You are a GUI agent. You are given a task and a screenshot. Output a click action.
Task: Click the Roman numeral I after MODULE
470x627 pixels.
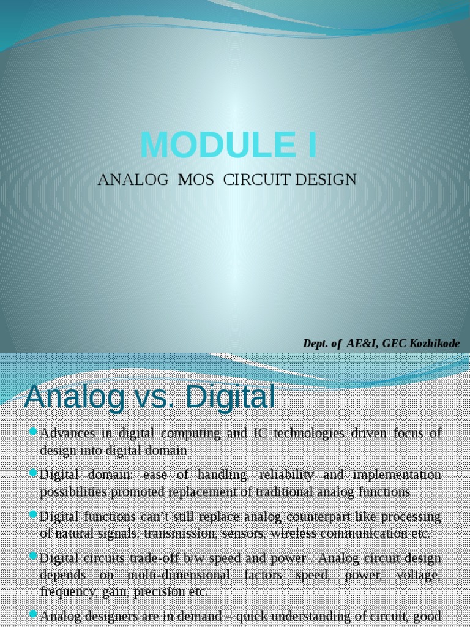312,145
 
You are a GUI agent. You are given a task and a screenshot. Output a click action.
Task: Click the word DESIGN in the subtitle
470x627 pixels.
326,180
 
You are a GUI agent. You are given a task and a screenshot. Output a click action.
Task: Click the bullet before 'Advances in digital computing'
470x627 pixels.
34,433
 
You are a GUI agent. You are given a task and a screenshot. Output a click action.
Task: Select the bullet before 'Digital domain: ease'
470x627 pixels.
34,474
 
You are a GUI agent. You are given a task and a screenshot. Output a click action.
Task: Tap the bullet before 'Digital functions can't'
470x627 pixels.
34,516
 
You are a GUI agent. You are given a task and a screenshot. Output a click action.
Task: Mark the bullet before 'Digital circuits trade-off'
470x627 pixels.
34,557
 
